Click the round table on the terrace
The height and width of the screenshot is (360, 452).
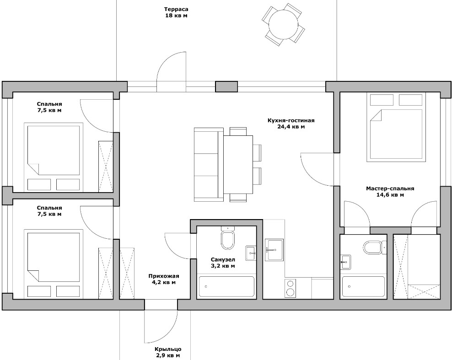pyautogui.click(x=283, y=25)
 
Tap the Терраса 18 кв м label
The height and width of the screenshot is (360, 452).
pyautogui.click(x=176, y=12)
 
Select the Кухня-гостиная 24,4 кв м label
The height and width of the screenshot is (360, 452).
pyautogui.click(x=291, y=124)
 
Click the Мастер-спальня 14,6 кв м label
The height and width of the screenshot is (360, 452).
pyautogui.click(x=390, y=192)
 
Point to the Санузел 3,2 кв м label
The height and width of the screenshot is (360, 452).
pyautogui.click(x=223, y=263)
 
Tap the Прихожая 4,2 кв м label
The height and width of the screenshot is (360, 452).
pyautogui.click(x=164, y=279)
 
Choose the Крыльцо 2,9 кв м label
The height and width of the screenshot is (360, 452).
pyautogui.click(x=168, y=353)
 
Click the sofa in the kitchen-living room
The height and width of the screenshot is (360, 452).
pyautogui.click(x=209, y=165)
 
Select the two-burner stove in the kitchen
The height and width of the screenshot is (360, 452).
pyautogui.click(x=290, y=288)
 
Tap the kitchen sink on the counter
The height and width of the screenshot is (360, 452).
pyautogui.click(x=274, y=250)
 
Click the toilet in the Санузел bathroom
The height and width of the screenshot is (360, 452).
pyautogui.click(x=228, y=237)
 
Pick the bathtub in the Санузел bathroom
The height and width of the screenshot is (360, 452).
pyautogui.click(x=226, y=287)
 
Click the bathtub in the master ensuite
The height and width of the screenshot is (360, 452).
pyautogui.click(x=363, y=287)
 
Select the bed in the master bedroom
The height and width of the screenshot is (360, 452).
pyautogui.click(x=396, y=127)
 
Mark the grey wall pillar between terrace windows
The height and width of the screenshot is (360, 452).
pyautogui.click(x=226, y=86)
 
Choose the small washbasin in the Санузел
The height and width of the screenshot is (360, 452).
pyautogui.click(x=251, y=253)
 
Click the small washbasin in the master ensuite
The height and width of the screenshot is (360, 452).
pyautogui.click(x=345, y=262)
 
